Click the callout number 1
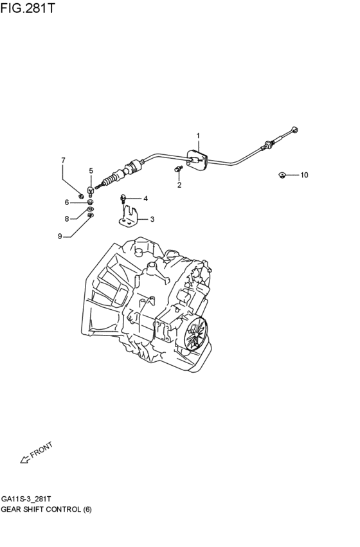coord(198,136)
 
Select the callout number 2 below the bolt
coord(179,185)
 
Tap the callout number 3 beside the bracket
coord(152,219)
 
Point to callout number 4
coord(145,198)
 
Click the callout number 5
coord(91,170)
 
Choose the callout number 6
coord(66,202)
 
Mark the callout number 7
coord(63,160)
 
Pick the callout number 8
coord(66,219)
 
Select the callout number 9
coord(60,236)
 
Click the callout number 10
coord(304,175)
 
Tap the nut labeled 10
coord(282,175)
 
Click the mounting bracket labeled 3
coord(131,216)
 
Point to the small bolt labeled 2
coord(177,169)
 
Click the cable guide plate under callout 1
coord(195,159)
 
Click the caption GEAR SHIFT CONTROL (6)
coord(46,509)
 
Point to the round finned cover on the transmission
coord(195,334)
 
